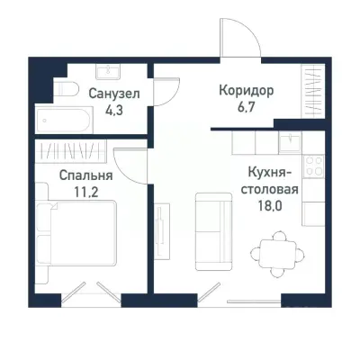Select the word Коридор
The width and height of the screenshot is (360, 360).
[x=245, y=92]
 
